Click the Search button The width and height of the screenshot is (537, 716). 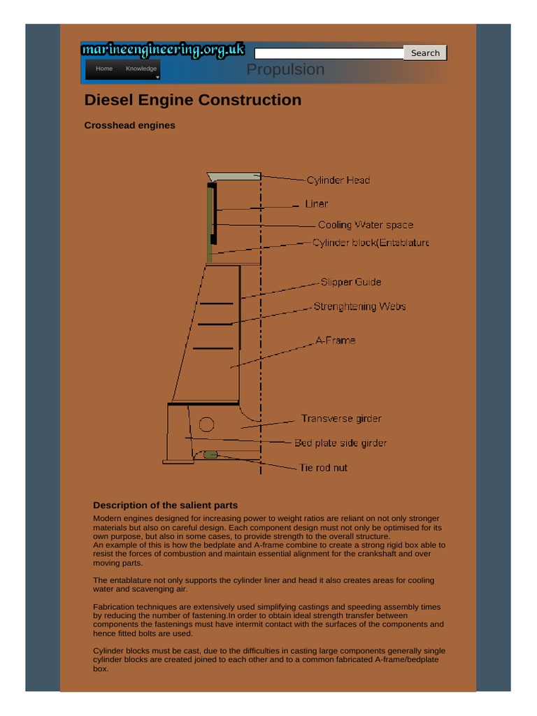425,53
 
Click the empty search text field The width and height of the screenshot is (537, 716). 329,54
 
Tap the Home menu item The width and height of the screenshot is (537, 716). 104,69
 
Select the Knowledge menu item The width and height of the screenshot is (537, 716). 141,69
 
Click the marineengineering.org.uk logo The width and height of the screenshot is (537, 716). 163,50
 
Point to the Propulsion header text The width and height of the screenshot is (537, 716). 285,69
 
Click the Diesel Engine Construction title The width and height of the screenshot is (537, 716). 193,100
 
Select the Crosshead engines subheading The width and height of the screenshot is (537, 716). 129,126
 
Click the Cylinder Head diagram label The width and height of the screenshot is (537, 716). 338,180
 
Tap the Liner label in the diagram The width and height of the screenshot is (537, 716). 317,204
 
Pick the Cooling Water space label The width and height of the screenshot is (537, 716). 365,225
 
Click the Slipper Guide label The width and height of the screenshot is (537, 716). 351,282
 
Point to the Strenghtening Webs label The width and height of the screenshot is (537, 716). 359,306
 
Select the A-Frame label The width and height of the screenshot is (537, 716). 336,341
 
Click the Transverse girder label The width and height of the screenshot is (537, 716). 341,419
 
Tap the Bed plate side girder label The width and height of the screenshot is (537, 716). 341,443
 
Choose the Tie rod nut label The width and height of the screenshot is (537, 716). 323,468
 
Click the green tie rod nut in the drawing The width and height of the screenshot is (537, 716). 210,455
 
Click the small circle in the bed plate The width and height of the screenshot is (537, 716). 206,424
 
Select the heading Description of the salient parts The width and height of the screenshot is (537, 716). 165,506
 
